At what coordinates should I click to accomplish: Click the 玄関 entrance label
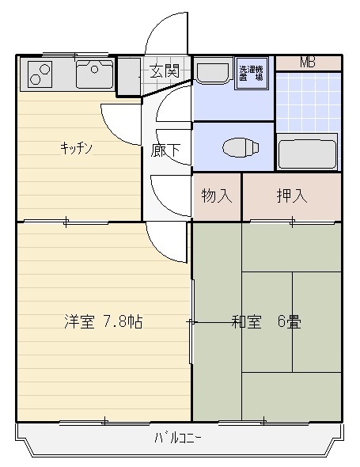(x=165, y=71)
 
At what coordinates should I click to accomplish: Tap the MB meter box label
(x=308, y=63)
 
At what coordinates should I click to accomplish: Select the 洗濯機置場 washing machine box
(x=252, y=74)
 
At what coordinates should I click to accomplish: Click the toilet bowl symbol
(x=241, y=147)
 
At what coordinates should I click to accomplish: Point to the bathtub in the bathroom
(x=307, y=152)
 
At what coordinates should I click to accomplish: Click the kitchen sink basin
(x=95, y=74)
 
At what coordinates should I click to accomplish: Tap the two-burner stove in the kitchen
(x=40, y=74)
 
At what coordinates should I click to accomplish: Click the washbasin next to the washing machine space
(x=213, y=71)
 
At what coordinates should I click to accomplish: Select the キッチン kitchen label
(x=77, y=148)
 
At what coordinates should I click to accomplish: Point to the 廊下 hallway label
(x=165, y=150)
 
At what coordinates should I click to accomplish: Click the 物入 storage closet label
(x=217, y=196)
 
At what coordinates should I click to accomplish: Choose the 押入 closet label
(x=292, y=196)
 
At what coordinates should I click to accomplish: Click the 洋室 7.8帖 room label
(x=104, y=321)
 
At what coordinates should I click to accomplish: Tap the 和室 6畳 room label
(x=267, y=321)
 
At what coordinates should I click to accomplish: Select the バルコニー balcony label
(x=178, y=439)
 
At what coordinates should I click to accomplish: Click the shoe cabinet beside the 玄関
(x=129, y=76)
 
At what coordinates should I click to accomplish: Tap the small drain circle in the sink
(x=95, y=70)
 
